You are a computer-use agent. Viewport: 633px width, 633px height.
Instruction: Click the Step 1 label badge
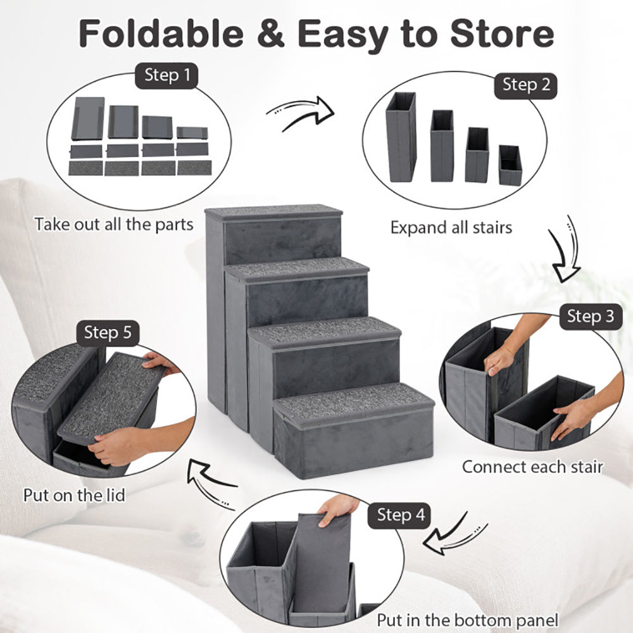pyautogui.click(x=166, y=76)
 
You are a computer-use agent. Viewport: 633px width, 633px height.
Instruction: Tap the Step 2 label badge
pyautogui.click(x=526, y=85)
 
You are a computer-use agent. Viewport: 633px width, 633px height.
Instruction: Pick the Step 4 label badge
pyautogui.click(x=401, y=515)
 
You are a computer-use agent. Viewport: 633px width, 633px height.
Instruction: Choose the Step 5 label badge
pyautogui.click(x=108, y=333)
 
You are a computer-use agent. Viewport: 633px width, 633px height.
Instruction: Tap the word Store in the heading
pyautogui.click(x=503, y=35)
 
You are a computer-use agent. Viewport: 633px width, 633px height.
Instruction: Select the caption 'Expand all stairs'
pyautogui.click(x=451, y=227)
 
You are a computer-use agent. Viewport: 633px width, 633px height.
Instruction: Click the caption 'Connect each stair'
pyautogui.click(x=532, y=467)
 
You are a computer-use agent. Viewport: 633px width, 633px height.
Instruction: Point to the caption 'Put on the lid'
pyautogui.click(x=74, y=494)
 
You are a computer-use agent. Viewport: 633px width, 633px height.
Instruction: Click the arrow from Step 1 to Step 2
pyautogui.click(x=301, y=113)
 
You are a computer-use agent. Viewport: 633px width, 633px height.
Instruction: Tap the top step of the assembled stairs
pyautogui.click(x=273, y=212)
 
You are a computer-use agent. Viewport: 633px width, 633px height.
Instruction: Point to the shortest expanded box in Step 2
pyautogui.click(x=510, y=165)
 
